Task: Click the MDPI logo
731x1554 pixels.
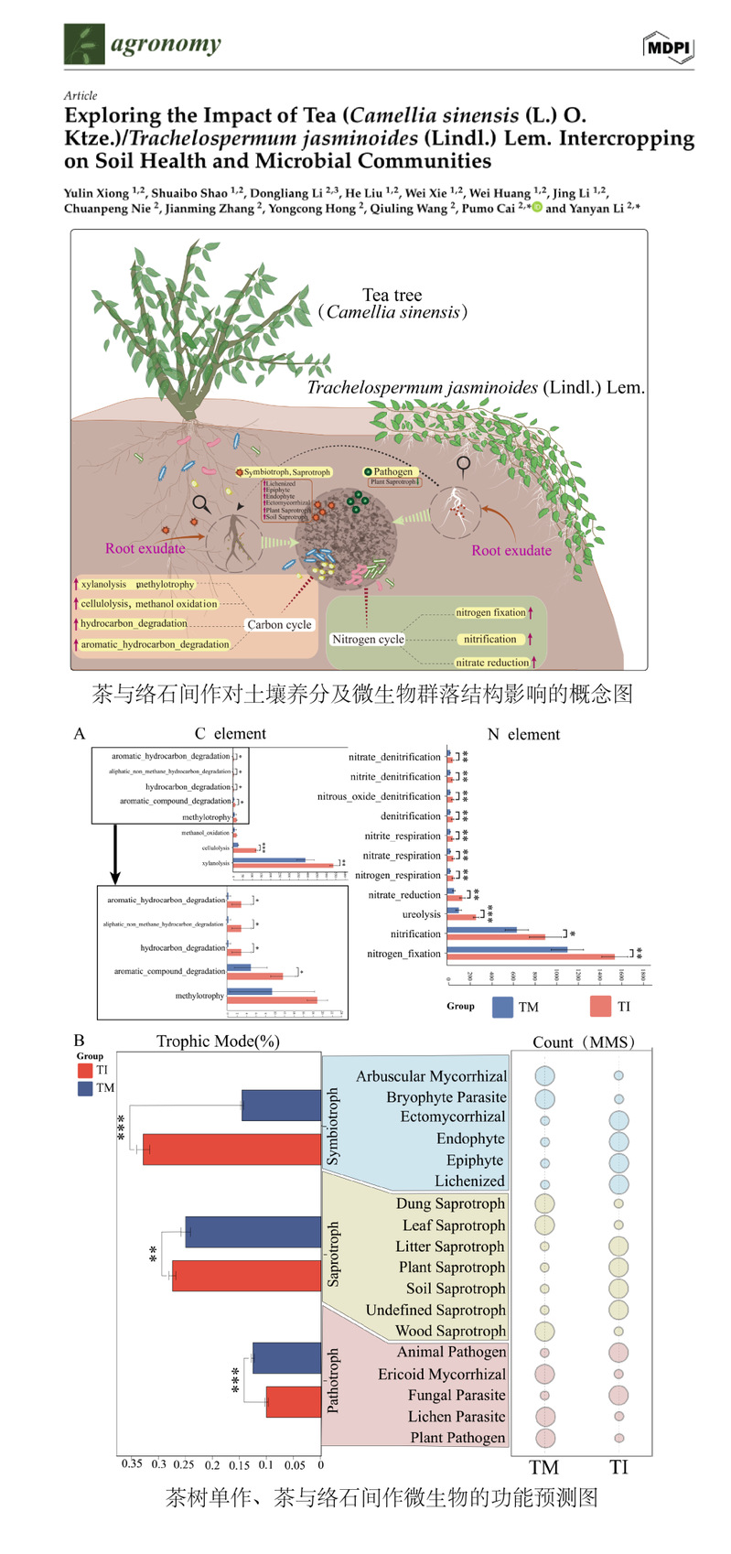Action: [x=669, y=47]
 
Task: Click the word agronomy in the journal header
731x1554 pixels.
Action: [x=166, y=44]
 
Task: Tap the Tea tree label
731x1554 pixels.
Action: [x=392, y=295]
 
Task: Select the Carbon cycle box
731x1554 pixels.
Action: [x=279, y=624]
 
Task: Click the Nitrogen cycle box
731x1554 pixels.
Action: [x=368, y=639]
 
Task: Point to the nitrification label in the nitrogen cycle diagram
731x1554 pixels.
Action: [x=489, y=639]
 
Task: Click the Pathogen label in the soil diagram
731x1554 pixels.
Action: [x=392, y=471]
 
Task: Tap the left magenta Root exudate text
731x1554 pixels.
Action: [x=145, y=548]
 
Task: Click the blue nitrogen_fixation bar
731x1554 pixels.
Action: [x=507, y=949]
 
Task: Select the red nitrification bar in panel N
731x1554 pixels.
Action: [x=496, y=937]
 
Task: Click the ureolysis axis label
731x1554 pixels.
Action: [x=421, y=914]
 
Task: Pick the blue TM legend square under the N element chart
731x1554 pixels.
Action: [x=502, y=1007]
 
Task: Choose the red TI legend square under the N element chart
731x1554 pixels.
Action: [x=600, y=1007]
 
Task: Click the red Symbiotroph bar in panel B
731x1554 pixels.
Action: [x=231, y=1149]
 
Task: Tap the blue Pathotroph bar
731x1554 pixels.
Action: [x=286, y=1358]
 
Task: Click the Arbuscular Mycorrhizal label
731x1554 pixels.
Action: [x=431, y=1076]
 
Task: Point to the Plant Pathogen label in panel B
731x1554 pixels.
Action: [x=457, y=1438]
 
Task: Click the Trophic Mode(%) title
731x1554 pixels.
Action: [x=218, y=1041]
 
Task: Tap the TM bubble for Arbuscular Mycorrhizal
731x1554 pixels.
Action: [x=544, y=1077]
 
